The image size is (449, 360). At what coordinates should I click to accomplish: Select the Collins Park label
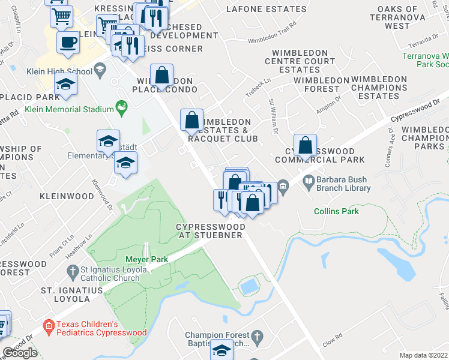336,211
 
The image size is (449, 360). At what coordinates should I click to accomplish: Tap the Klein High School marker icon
100,71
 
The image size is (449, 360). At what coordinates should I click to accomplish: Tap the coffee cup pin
67,43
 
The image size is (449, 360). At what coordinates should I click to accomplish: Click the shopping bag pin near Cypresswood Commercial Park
306,145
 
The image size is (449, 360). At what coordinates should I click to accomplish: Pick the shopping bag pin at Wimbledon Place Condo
161,76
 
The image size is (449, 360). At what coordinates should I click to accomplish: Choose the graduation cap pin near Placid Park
65,85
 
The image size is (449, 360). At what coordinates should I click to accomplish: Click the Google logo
20,353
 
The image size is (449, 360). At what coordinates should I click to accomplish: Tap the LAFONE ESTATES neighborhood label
266,9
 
